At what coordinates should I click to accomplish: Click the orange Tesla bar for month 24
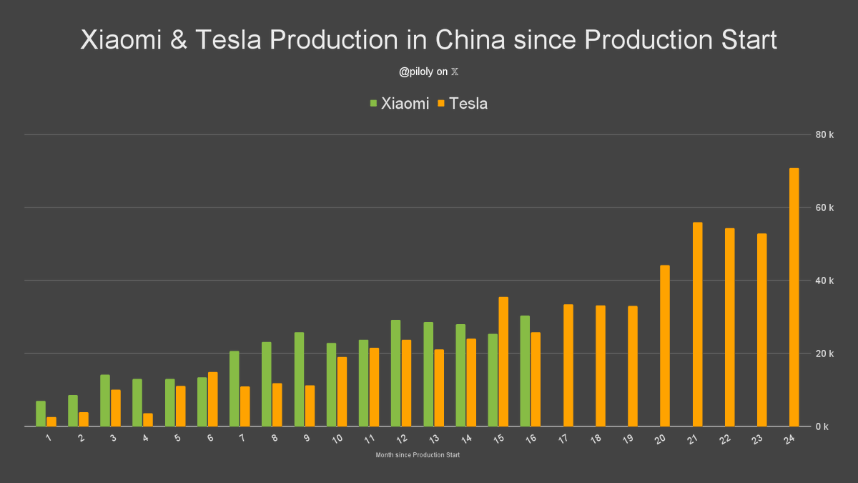tap(794, 297)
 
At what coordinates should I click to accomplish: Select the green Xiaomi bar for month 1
tap(41, 414)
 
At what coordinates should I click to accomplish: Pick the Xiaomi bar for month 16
tap(525, 371)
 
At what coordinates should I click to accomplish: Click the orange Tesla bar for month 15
tap(503, 361)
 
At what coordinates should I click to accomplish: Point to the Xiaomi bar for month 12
tap(395, 373)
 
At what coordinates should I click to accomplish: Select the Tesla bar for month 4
tap(148, 419)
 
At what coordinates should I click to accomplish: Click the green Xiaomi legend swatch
tap(373, 104)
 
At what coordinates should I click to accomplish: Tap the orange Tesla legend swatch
tap(441, 104)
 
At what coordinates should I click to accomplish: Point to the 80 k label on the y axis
tap(825, 135)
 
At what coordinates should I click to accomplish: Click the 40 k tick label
tap(825, 280)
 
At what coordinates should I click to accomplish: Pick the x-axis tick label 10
tap(337, 437)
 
